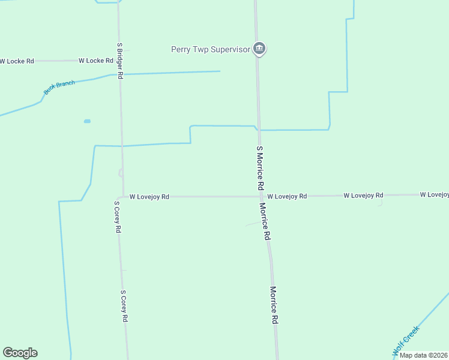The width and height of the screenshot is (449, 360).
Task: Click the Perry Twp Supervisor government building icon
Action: coord(259,49)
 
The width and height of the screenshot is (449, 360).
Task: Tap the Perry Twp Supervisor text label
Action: coord(210,49)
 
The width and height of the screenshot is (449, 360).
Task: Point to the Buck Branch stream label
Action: coord(59,88)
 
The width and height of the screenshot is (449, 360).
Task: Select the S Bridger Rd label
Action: coord(120,61)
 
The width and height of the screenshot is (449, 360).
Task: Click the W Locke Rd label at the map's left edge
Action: coord(17,61)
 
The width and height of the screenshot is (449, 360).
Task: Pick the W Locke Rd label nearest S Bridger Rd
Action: coord(96,61)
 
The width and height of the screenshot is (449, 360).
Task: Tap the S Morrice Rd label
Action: coord(261,168)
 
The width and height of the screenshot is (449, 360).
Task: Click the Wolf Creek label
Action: coord(406,339)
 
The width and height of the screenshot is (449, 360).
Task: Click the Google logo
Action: coord(20,353)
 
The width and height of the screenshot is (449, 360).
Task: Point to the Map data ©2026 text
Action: coord(424,355)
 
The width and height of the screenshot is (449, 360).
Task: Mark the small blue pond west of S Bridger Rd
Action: coord(87,121)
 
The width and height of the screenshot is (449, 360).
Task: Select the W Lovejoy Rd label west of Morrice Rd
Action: coord(149,196)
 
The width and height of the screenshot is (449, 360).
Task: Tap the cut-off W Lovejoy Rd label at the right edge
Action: coord(434,194)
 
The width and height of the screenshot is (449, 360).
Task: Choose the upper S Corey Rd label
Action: coord(118,217)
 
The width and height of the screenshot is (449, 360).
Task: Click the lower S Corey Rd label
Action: coord(124,307)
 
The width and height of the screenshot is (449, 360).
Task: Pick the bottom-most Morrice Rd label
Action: coord(274,305)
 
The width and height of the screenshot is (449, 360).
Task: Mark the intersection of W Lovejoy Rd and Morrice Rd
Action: coord(261,196)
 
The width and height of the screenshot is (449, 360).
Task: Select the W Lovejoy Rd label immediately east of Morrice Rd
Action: coord(287,196)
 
